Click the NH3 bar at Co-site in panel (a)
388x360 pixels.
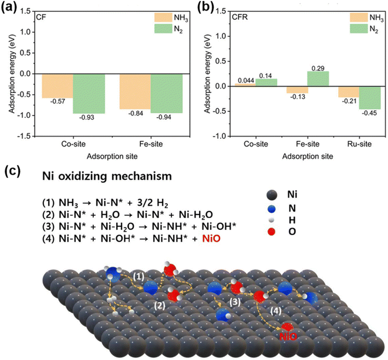[57, 86]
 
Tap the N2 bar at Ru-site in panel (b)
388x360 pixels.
[370, 97]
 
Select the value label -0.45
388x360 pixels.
[370, 114]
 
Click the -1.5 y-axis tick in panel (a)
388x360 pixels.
[25, 136]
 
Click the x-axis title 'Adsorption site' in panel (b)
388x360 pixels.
[307, 157]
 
